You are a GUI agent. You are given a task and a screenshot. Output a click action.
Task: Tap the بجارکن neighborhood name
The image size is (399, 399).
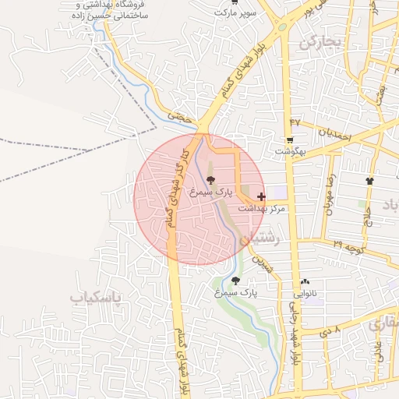click(320, 42)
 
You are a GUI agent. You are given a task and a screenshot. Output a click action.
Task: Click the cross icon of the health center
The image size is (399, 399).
click(260, 197)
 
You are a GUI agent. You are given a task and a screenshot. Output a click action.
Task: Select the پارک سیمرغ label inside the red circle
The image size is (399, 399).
click(213, 192)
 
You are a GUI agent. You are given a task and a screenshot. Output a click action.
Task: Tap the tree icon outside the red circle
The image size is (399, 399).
click(235, 281)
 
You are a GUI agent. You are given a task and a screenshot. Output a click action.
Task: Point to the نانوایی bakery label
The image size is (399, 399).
click(304, 294)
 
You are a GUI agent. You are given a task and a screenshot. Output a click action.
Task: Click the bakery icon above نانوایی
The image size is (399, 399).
click(304, 282)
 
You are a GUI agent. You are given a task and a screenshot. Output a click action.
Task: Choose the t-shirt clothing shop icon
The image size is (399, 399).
click(369, 182)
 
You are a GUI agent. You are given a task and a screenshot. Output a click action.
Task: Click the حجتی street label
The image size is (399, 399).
click(182, 116)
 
